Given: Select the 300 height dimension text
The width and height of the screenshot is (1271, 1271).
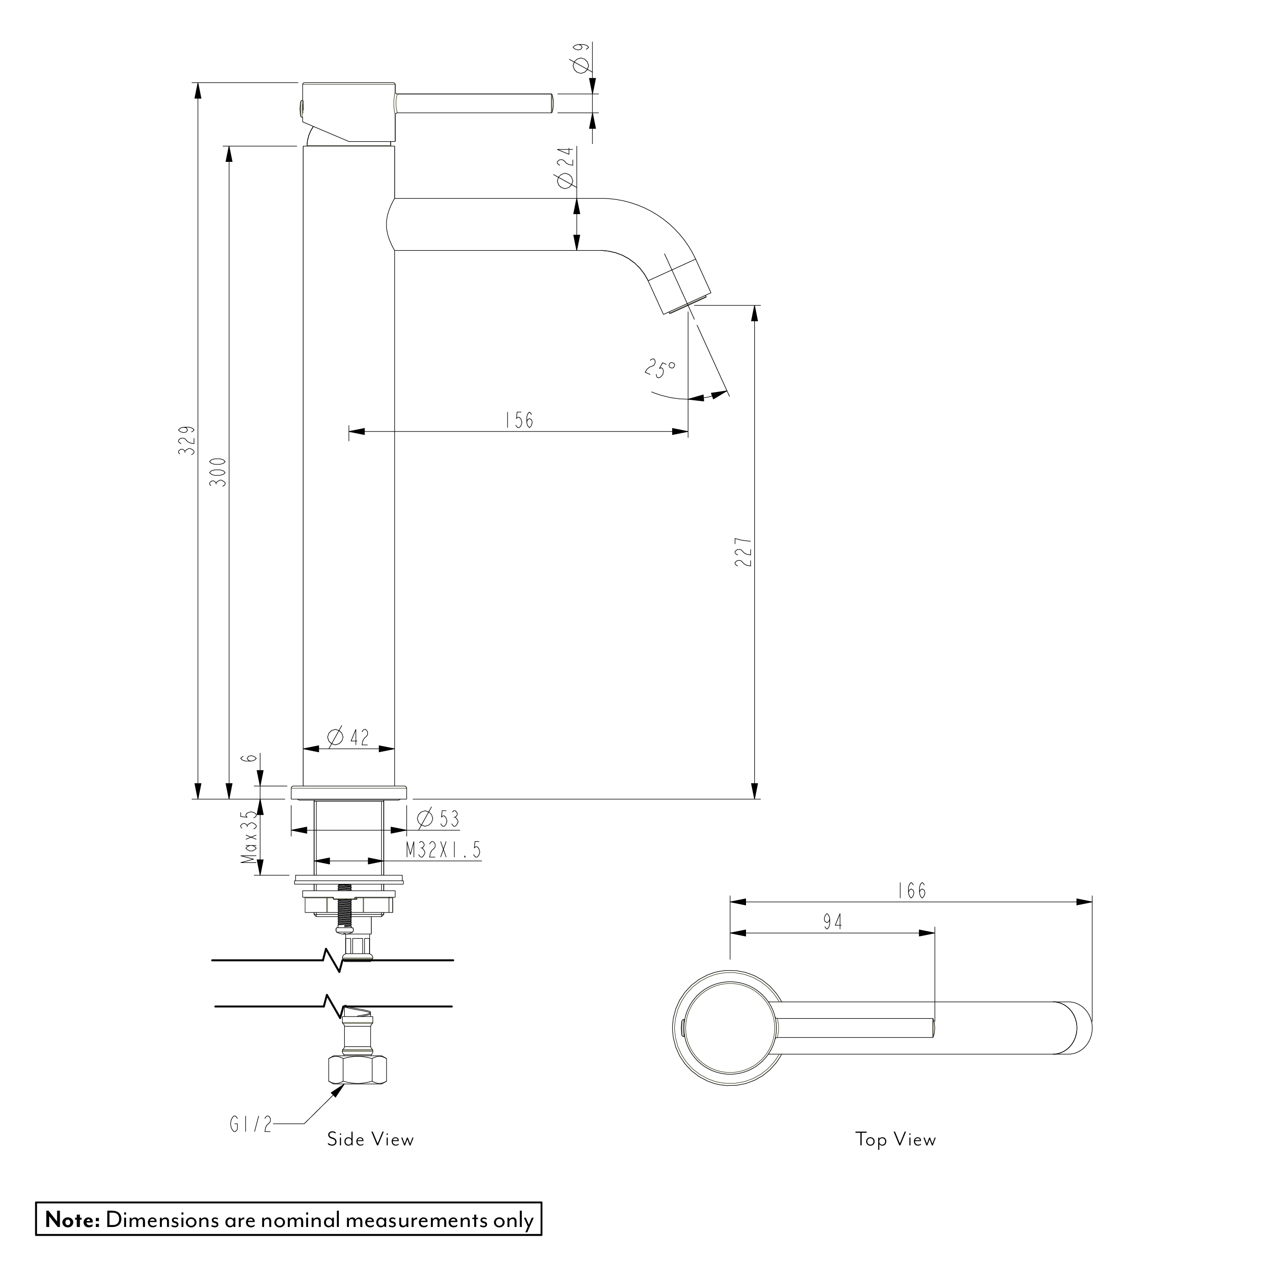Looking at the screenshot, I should (219, 472).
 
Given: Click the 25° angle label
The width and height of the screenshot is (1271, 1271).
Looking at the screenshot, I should (660, 369).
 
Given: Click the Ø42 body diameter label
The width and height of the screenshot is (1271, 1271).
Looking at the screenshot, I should (348, 737).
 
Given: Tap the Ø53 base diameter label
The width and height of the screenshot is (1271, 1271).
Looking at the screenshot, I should (439, 819).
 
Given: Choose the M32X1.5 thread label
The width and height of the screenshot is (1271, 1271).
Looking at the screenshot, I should (443, 851).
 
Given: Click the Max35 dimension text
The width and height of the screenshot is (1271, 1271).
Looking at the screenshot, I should (249, 837).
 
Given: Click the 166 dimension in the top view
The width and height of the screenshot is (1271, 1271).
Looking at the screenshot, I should (912, 891).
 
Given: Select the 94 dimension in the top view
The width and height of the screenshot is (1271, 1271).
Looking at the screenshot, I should (833, 923).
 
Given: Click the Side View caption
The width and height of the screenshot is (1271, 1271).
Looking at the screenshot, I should (370, 1140).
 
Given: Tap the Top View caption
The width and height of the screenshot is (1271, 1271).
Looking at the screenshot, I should (895, 1140).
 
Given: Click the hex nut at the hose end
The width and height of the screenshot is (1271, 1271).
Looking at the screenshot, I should (357, 1070).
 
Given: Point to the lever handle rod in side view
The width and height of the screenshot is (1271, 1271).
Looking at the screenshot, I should (474, 104).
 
